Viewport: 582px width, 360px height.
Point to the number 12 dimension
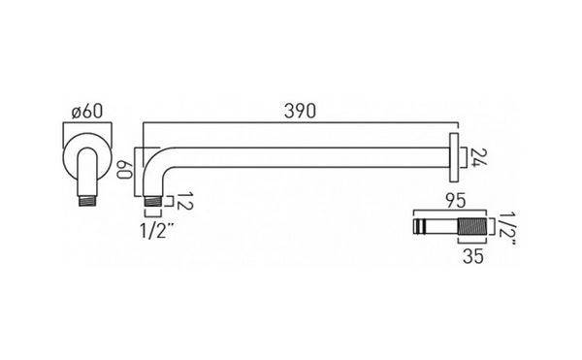pyautogui.click(x=184, y=202)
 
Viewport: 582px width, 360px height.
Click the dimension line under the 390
pyautogui.click(x=300, y=125)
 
